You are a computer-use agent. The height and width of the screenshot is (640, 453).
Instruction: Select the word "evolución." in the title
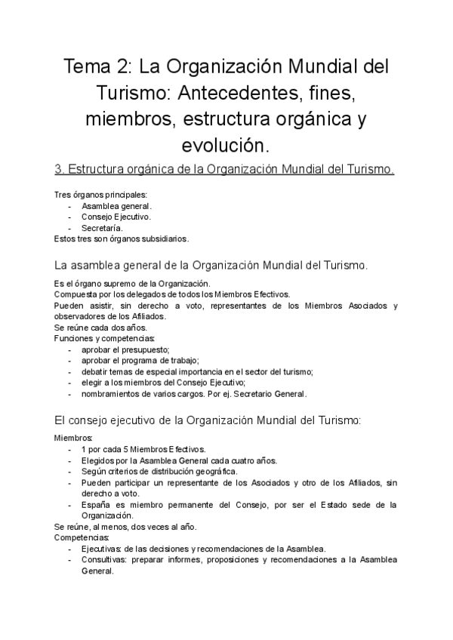[x=226, y=144]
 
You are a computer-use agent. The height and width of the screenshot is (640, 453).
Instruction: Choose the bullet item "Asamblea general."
[x=117, y=206]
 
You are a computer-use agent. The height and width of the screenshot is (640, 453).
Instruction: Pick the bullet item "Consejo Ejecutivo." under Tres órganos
[x=116, y=217]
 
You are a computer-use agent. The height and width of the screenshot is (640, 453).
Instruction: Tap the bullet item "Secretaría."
[x=102, y=228]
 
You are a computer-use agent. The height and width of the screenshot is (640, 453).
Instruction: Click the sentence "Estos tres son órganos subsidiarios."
[x=122, y=238]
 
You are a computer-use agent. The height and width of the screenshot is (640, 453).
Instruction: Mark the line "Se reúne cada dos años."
[x=94, y=328]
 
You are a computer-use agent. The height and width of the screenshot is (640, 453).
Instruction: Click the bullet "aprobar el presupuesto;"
[x=125, y=349]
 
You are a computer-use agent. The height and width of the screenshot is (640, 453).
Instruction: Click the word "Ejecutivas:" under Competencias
[x=103, y=549]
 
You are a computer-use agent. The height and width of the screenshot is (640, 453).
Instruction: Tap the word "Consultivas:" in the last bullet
[x=105, y=560]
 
